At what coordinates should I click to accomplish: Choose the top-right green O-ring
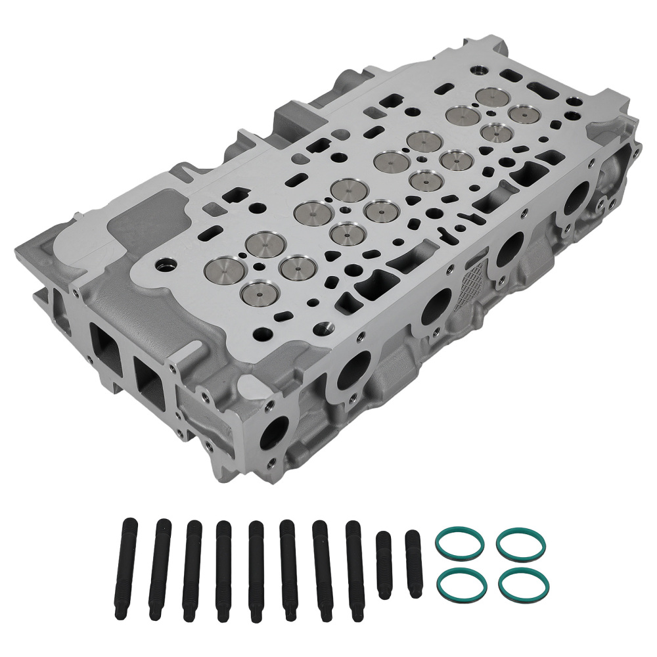pyautogui.click(x=521, y=543)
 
